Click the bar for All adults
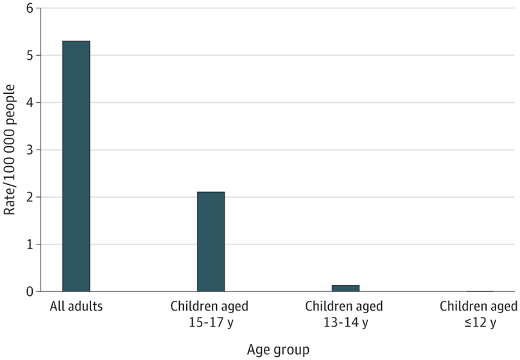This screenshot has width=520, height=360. pos(76,166)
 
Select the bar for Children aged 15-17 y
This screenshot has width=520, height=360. pos(211,242)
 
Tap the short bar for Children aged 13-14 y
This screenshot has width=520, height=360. pos(345,288)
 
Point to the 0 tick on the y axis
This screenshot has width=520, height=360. pos(30,292)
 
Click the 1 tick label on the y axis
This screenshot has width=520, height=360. pos(30,244)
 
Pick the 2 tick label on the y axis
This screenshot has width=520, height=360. pos(30,197)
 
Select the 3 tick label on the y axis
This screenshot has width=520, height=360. pos(30,150)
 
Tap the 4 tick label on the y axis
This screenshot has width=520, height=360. pos(30,103)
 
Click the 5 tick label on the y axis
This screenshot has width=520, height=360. pos(30,55)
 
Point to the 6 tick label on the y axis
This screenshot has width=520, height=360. pos(30,8)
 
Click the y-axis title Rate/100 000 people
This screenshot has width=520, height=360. pos(10,150)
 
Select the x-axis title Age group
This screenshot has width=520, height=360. pos(278,350)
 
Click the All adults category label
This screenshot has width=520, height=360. pos(76,306)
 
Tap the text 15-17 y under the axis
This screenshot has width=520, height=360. pos(211,322)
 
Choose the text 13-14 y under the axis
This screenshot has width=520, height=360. pos(345,322)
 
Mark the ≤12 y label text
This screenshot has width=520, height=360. pos(480,322)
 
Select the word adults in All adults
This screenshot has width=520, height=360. pos(85,306)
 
